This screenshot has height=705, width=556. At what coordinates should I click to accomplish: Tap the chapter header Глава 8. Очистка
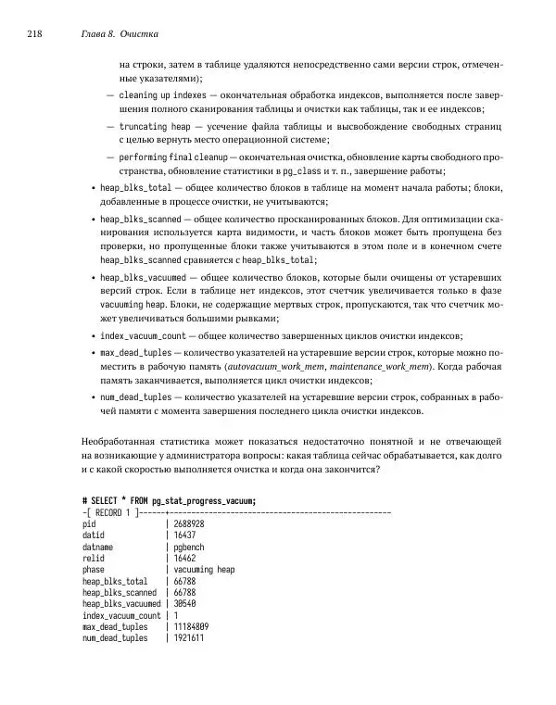120,34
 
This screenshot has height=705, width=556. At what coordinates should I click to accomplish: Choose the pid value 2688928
188,523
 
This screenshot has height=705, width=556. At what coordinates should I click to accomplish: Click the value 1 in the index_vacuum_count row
175,616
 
